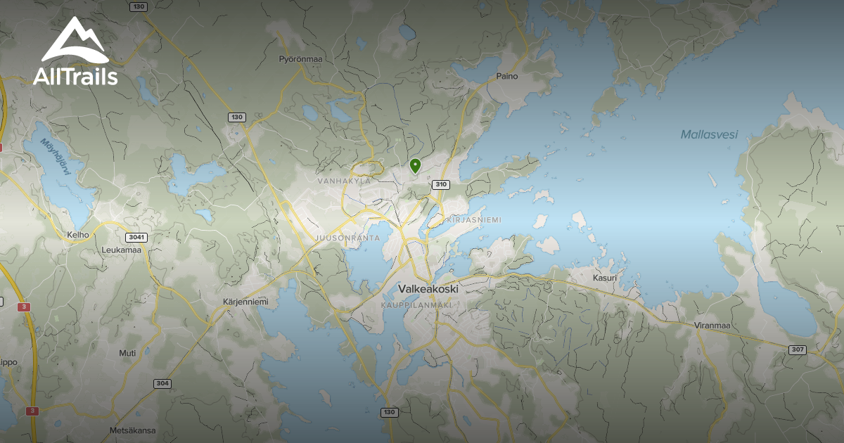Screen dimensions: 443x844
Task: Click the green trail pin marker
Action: (x=415, y=166)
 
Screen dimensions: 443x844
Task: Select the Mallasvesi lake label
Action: (x=709, y=134)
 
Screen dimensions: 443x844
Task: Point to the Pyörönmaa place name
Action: (x=300, y=59)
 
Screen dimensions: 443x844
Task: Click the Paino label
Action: (x=506, y=76)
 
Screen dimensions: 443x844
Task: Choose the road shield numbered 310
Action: (x=441, y=185)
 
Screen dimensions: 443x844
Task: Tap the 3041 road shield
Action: (x=136, y=238)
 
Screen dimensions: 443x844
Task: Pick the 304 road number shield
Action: (x=162, y=384)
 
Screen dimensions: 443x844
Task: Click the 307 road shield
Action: (x=797, y=350)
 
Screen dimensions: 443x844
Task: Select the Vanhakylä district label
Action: (x=344, y=181)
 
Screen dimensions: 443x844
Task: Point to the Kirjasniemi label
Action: (x=474, y=220)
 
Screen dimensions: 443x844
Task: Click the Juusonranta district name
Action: (x=348, y=238)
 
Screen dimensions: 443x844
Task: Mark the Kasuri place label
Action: (x=604, y=278)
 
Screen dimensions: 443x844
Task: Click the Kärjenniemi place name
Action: (x=245, y=302)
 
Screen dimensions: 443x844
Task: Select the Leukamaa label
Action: (x=121, y=249)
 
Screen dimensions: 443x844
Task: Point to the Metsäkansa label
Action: (x=132, y=430)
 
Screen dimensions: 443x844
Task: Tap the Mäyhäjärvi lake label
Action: (x=56, y=158)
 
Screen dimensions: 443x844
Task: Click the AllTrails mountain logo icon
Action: (x=75, y=41)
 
